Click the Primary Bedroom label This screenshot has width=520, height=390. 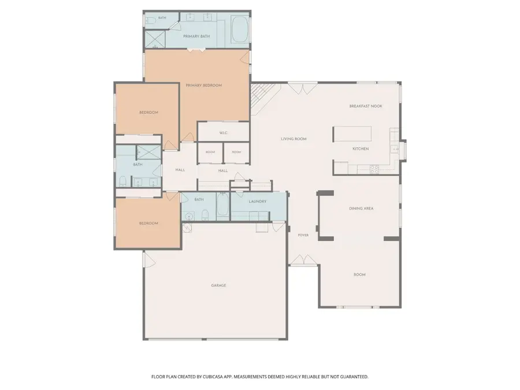(x=203, y=86)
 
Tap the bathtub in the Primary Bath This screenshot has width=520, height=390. (x=239, y=29)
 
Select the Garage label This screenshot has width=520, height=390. (x=218, y=285)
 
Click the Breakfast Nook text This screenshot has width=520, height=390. (x=366, y=106)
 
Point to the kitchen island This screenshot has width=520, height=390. (x=352, y=133)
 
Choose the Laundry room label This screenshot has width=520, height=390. (x=257, y=201)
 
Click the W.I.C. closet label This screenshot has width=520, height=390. (x=224, y=133)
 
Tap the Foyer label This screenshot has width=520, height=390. (x=303, y=235)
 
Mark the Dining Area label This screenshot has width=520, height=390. (x=361, y=209)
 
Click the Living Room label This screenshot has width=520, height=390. (x=294, y=139)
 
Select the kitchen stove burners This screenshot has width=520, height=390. (x=374, y=169)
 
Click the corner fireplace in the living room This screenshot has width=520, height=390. (x=261, y=96)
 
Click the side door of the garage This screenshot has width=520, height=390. (x=149, y=259)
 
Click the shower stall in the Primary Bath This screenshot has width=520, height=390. (x=155, y=39)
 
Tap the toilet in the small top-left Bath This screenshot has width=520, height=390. (x=150, y=21)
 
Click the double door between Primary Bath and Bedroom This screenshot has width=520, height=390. (x=196, y=50)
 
